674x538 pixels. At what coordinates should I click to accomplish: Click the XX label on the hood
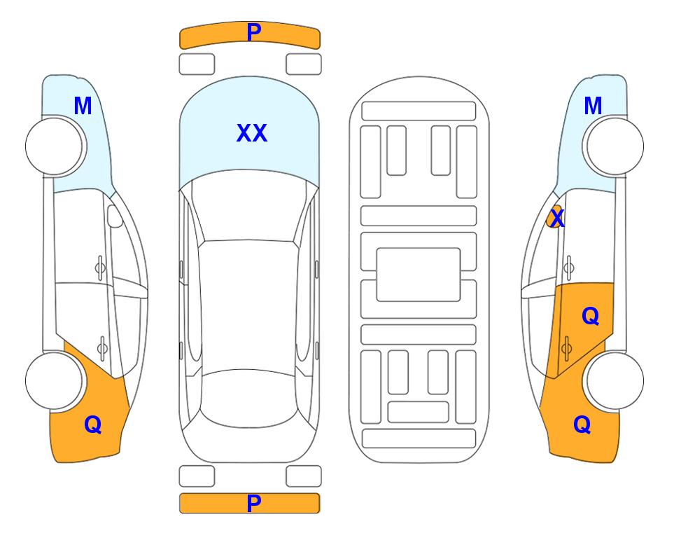252,133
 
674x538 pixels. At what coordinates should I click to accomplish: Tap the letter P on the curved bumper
254,32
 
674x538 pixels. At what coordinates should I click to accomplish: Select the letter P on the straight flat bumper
254,503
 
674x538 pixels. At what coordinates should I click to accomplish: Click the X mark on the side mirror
557,217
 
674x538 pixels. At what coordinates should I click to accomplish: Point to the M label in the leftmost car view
83,106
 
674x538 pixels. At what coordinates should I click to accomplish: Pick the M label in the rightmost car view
593,106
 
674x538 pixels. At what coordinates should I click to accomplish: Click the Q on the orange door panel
590,317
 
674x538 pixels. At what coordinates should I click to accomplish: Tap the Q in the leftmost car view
93,425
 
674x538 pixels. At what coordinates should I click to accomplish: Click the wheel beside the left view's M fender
55,146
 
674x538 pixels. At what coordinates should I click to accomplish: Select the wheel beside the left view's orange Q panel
55,380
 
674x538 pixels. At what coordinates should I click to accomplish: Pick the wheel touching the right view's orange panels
615,380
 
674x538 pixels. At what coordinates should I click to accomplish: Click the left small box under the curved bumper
197,64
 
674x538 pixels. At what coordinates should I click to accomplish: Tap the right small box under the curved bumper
304,64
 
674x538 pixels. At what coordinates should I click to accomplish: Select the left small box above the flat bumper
197,476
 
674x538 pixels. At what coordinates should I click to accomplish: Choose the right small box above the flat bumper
304,476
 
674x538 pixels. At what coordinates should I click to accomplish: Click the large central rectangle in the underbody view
419,275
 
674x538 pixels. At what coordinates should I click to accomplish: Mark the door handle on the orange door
566,348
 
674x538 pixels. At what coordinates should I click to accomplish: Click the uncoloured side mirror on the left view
115,216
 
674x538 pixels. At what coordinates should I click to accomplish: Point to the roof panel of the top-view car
248,305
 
